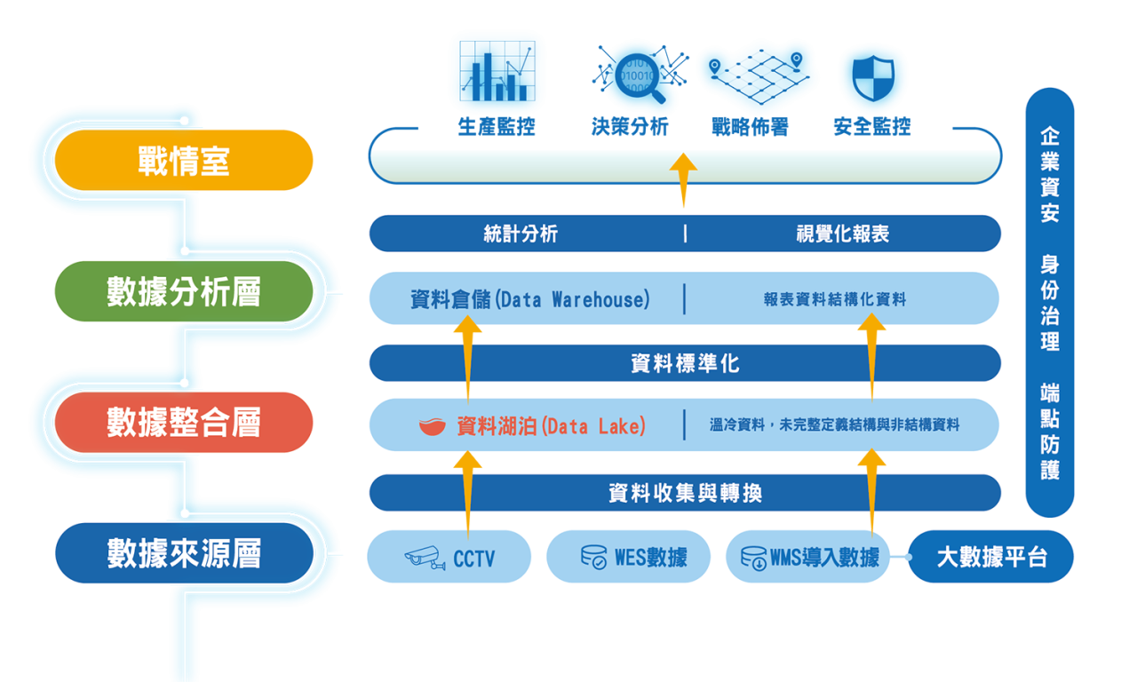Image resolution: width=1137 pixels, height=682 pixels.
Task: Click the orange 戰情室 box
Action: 184,161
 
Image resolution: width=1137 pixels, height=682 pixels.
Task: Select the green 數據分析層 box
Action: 184,291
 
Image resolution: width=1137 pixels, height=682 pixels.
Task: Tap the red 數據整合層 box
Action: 184,423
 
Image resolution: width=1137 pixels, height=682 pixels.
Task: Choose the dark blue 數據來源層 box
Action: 184,554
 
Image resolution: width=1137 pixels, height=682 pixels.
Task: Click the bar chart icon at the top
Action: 497,68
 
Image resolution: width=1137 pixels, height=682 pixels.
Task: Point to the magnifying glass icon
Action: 636,71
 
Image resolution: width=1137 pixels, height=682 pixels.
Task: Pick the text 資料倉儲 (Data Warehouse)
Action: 529,299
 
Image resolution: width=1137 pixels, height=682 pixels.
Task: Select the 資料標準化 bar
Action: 685,363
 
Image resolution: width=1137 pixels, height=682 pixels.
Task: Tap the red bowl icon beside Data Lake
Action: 433,427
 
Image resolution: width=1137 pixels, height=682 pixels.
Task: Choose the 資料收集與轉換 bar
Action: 685,493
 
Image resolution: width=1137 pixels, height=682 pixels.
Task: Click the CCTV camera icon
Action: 425,558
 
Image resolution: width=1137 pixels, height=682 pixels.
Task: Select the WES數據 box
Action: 628,558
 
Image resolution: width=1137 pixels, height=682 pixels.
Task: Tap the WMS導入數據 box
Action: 808,558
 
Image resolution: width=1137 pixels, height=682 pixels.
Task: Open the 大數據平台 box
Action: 991,558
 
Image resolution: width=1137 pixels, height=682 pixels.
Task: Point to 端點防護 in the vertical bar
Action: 1050,432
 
